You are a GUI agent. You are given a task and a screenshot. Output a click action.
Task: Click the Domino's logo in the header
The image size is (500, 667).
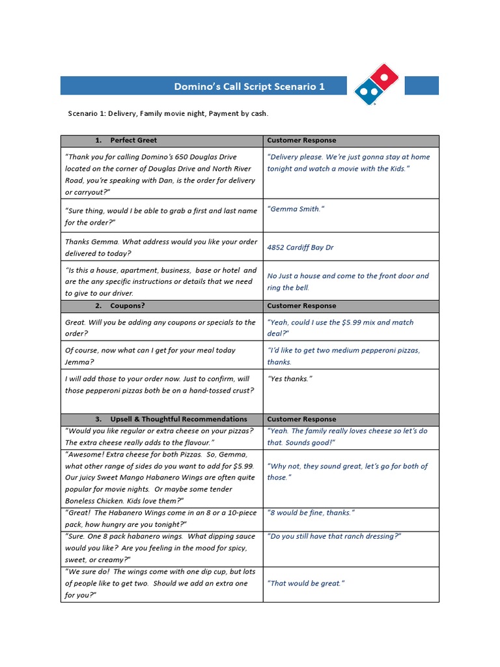pos(376,85)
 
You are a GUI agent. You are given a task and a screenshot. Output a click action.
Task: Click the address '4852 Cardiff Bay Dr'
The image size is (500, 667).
pos(300,248)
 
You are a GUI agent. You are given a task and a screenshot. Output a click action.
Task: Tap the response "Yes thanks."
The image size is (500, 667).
pos(290,378)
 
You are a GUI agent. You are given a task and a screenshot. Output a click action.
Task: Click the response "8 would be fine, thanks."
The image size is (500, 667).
pos(311,513)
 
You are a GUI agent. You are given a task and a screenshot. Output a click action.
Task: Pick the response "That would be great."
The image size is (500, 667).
pos(305,583)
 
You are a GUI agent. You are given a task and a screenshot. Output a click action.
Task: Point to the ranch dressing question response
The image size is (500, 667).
pos(334,536)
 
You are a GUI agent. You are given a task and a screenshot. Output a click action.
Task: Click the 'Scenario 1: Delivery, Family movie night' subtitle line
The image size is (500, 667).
pos(168,113)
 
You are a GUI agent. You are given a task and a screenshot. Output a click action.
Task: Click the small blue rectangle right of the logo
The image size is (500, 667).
pos(421,85)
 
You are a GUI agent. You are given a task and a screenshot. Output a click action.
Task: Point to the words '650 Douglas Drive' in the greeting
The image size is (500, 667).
pos(205,157)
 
